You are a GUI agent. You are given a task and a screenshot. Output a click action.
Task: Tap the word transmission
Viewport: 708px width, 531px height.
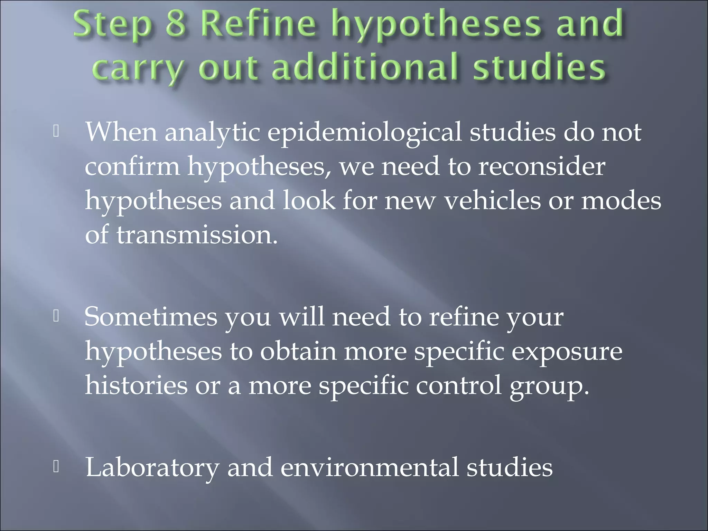pyautogui.click(x=197, y=235)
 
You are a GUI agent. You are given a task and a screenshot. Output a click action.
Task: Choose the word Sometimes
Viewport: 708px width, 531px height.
pyautogui.click(x=151, y=317)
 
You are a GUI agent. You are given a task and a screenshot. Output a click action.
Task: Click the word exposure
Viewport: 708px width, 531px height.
pyautogui.click(x=567, y=352)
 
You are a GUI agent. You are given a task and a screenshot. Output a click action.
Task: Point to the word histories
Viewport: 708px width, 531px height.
pyautogui.click(x=136, y=385)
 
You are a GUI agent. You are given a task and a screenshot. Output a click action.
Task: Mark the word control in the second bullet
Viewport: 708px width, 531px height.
pyautogui.click(x=458, y=385)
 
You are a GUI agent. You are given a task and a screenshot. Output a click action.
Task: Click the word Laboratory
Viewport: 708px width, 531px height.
pyautogui.click(x=152, y=467)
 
